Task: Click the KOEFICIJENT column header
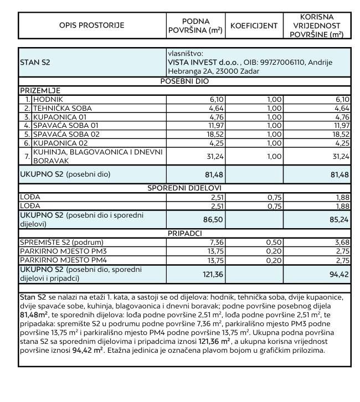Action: click(254, 25)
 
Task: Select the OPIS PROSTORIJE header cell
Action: click(92, 25)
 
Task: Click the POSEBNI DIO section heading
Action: click(184, 81)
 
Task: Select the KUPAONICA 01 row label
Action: click(60, 117)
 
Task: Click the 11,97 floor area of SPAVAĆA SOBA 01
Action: click(213, 126)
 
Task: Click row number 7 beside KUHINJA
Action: click(27, 157)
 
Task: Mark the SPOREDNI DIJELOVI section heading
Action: click(184, 188)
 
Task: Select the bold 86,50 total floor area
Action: click(213, 219)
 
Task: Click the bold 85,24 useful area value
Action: click(340, 219)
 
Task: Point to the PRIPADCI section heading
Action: click(184, 234)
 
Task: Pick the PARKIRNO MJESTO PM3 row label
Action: click(63, 251)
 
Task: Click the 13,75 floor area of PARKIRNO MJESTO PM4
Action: click(213, 260)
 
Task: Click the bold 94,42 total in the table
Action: click(340, 274)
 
